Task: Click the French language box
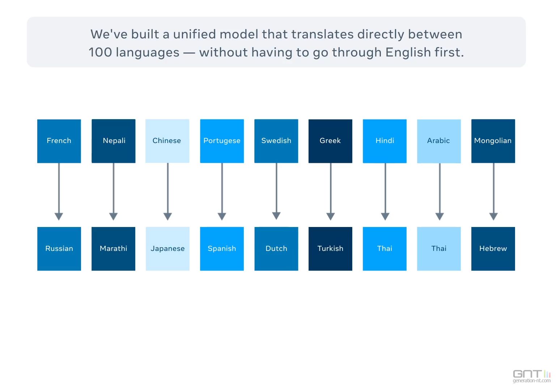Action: pos(59,141)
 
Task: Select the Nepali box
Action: pos(114,141)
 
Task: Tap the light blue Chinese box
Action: pos(167,141)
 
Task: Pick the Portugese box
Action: pos(222,141)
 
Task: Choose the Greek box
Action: pos(330,141)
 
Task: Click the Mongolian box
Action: pos(493,141)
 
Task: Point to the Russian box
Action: pos(59,249)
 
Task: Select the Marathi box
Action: pos(114,249)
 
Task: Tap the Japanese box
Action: pos(167,249)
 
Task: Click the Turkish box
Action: pos(330,249)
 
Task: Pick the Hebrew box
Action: pos(493,249)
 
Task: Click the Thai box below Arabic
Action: pos(439,249)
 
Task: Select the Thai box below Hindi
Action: pos(385,249)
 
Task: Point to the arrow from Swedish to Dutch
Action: pos(276,192)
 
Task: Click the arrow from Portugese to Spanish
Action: pos(222,192)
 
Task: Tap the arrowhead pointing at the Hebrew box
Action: pos(494,216)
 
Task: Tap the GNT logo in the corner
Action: pos(532,376)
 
